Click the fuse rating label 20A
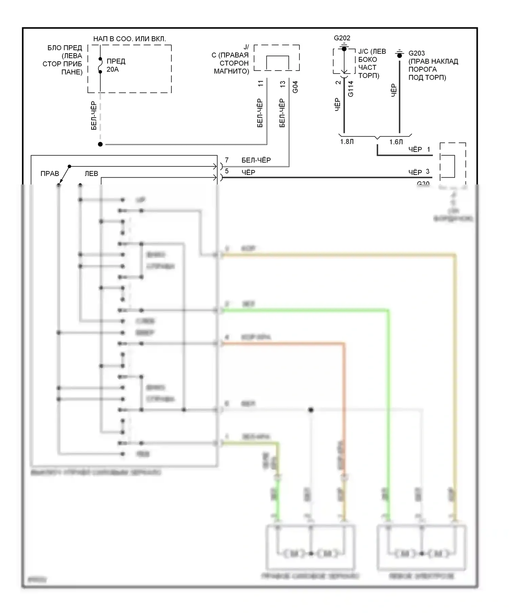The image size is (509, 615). click(113, 70)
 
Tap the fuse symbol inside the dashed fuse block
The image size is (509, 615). click(100, 65)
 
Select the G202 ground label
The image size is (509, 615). click(342, 38)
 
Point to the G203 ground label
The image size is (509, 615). click(417, 53)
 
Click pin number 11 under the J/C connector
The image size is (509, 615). click(261, 83)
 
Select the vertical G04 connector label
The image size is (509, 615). click(295, 87)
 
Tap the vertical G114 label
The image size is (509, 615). click(351, 89)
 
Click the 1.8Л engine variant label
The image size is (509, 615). click(347, 142)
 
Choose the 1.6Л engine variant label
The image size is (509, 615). click(396, 142)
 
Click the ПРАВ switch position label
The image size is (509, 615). click(50, 174)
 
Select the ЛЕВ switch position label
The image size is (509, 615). click(91, 174)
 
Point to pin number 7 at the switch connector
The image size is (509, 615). click(227, 160)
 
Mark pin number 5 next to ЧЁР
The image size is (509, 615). click(227, 171)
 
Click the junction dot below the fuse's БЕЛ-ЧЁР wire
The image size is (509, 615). click(100, 144)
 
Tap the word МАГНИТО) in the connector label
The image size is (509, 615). click(231, 71)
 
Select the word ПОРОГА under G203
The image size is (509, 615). click(422, 69)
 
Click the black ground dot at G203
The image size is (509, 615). click(400, 55)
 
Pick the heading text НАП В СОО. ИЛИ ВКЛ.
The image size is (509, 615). click(130, 39)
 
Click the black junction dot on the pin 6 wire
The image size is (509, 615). click(311, 410)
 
